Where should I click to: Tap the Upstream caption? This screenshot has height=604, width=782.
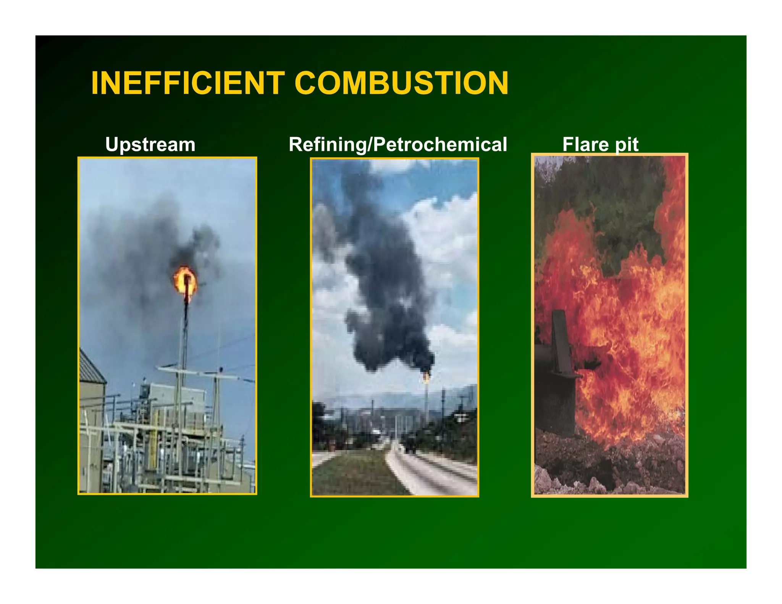[150, 145]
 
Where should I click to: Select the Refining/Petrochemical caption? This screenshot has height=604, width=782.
[397, 145]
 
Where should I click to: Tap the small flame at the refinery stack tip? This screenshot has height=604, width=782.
[426, 377]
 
